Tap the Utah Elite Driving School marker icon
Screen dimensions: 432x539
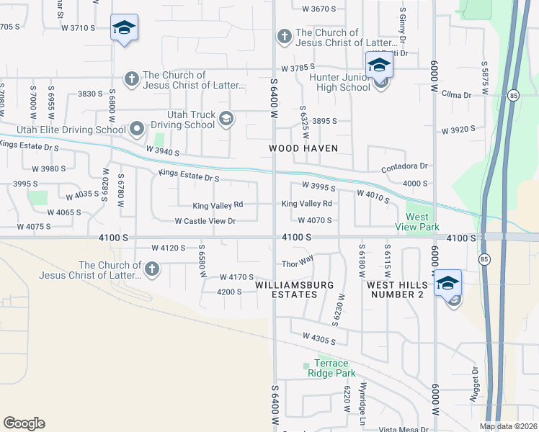[138, 130]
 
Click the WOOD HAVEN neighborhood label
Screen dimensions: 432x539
[303, 148]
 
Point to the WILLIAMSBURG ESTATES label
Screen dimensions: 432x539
[295, 289]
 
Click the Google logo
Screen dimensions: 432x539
[24, 423]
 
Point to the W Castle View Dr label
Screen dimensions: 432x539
[205, 221]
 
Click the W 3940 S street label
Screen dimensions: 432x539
[162, 150]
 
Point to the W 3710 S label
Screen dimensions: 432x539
[79, 28]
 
